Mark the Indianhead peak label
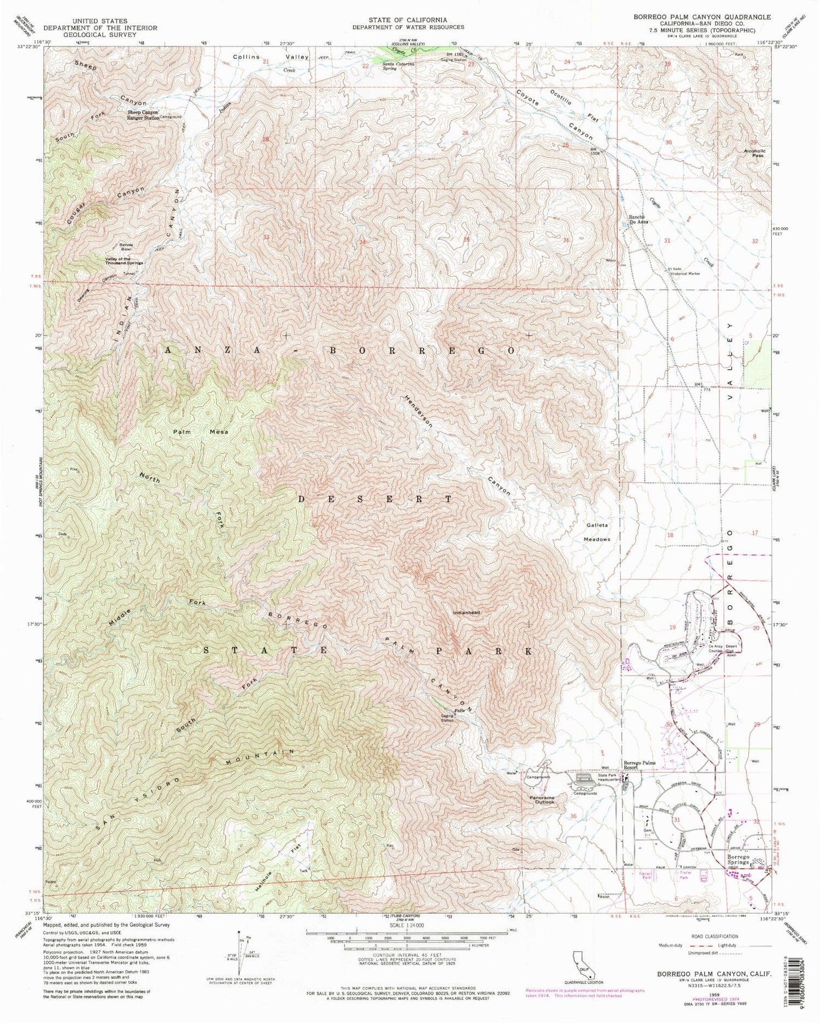[466, 613]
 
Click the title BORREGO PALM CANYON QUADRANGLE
[702, 17]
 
